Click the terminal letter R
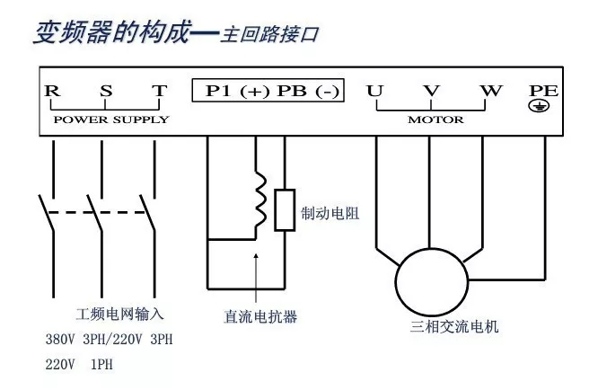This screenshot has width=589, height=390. (x=52, y=92)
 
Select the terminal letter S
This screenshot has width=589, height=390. (x=106, y=92)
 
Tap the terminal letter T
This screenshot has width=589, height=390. (x=158, y=92)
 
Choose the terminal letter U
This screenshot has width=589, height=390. (x=374, y=92)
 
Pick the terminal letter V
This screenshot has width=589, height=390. (x=432, y=92)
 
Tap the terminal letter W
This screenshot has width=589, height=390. (x=489, y=92)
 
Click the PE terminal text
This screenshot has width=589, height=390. (x=544, y=91)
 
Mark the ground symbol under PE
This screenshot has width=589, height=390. (x=544, y=107)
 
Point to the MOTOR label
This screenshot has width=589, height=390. (x=435, y=120)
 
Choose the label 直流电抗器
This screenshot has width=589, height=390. (x=260, y=317)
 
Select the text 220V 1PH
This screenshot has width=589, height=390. (x=79, y=365)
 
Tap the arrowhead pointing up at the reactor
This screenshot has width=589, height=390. (x=257, y=257)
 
